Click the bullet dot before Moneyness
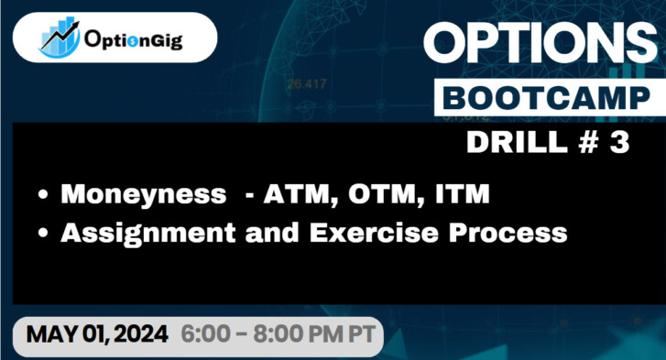pyautogui.click(x=43, y=196)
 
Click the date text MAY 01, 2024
pyautogui.click(x=98, y=335)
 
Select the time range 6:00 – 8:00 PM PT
pyautogui.click(x=276, y=335)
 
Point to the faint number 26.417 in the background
pyautogui.click(x=306, y=84)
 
